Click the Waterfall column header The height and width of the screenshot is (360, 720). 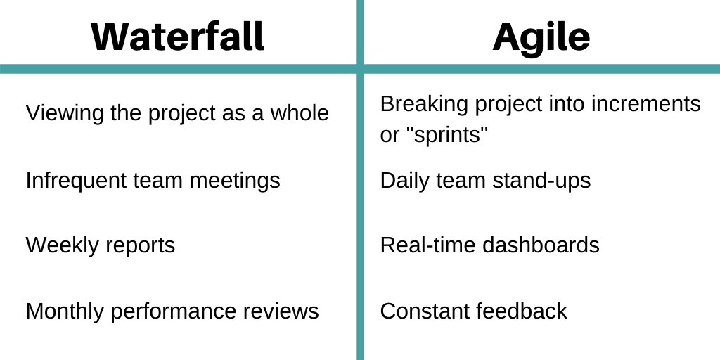(x=178, y=37)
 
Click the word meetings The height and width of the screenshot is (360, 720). (x=235, y=181)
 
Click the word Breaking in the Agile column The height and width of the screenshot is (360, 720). (x=424, y=105)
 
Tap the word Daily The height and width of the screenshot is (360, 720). (x=404, y=181)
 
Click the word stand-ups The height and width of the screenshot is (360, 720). (x=542, y=181)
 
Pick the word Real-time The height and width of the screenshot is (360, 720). (x=427, y=245)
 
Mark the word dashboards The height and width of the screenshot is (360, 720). (x=541, y=245)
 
